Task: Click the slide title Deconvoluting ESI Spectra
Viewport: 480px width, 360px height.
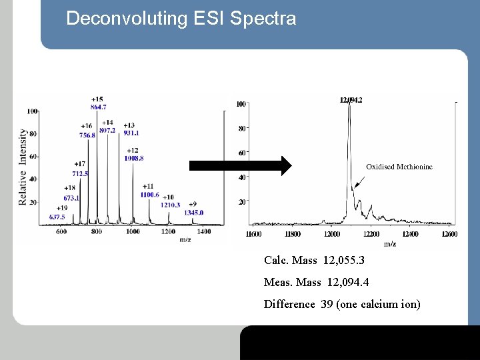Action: coord(181,18)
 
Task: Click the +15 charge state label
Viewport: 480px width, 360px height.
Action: coord(97,99)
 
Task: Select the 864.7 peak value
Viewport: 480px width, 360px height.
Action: coord(97,107)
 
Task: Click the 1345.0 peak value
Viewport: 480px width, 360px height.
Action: coord(193,212)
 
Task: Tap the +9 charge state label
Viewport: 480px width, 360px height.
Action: coord(193,204)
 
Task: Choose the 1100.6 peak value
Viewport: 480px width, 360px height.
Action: coord(149,194)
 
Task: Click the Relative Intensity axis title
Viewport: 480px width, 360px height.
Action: coord(23,167)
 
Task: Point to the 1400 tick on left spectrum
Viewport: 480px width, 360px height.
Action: coord(204,231)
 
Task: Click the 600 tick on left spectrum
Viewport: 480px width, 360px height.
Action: coord(61,231)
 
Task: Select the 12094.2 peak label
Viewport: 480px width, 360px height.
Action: coord(351,99)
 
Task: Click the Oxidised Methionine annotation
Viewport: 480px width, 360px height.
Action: coord(399,167)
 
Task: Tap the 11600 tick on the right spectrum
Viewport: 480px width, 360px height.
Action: coord(253,234)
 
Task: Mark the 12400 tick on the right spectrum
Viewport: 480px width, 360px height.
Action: coord(411,234)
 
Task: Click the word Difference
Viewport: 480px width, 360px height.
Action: coord(289,304)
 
